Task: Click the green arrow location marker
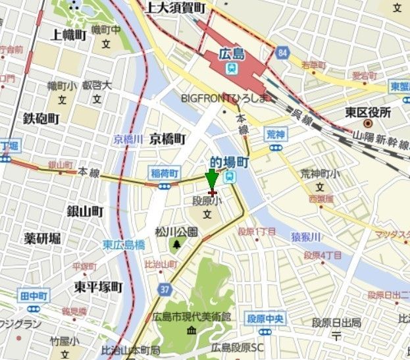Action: pyautogui.click(x=211, y=180)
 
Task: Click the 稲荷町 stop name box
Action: pyautogui.click(x=164, y=173)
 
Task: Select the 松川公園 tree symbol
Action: pyautogui.click(x=176, y=245)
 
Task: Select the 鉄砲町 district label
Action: pyautogui.click(x=41, y=118)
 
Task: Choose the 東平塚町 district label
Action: pyautogui.click(x=98, y=287)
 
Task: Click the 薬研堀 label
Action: pyautogui.click(x=42, y=238)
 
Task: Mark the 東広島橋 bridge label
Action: pyautogui.click(x=123, y=244)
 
